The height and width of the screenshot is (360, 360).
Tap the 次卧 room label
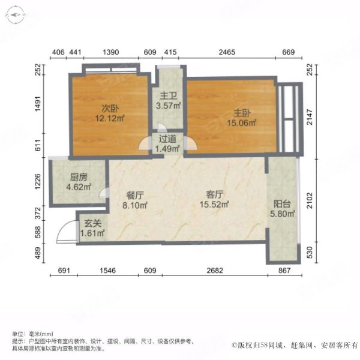(x=108, y=109)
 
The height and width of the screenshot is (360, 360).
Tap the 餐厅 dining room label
(x=134, y=195)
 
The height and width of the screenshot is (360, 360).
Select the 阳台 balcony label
(x=282, y=202)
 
